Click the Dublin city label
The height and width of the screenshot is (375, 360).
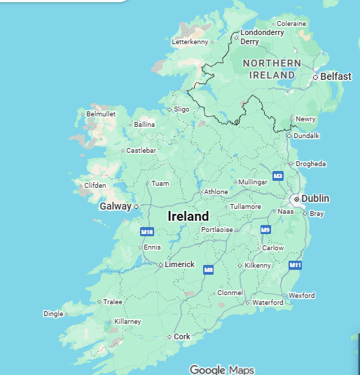pyautogui.click(x=315, y=199)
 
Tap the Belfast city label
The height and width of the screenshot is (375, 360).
pyautogui.click(x=335, y=76)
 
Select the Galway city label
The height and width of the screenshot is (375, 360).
pyautogui.click(x=115, y=207)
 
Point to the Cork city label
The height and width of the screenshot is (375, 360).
pyautogui.click(x=181, y=337)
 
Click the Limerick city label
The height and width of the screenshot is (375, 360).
pyautogui.click(x=179, y=264)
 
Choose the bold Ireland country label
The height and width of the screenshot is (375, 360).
pyautogui.click(x=188, y=217)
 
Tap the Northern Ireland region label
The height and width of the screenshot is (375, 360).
pyautogui.click(x=272, y=69)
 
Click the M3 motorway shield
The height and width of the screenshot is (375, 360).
pyautogui.click(x=278, y=175)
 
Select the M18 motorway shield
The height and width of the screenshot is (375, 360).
pyautogui.click(x=146, y=231)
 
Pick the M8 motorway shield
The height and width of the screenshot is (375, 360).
pyautogui.click(x=208, y=269)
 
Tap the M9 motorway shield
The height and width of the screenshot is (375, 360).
pyautogui.click(x=265, y=230)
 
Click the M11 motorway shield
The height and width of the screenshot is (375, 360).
pyautogui.click(x=295, y=265)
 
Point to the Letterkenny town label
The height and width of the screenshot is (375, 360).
pyautogui.click(x=190, y=42)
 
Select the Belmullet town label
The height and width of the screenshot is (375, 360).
pyautogui.click(x=100, y=114)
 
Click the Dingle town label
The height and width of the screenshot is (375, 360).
pyautogui.click(x=53, y=314)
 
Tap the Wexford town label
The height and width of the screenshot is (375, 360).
pyautogui.click(x=301, y=296)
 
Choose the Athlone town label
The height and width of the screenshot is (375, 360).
pyautogui.click(x=216, y=192)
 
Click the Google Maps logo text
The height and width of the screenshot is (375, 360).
pyautogui.click(x=222, y=369)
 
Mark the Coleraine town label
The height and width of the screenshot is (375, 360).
pyautogui.click(x=291, y=24)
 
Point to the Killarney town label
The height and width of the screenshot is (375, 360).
pyautogui.click(x=127, y=322)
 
